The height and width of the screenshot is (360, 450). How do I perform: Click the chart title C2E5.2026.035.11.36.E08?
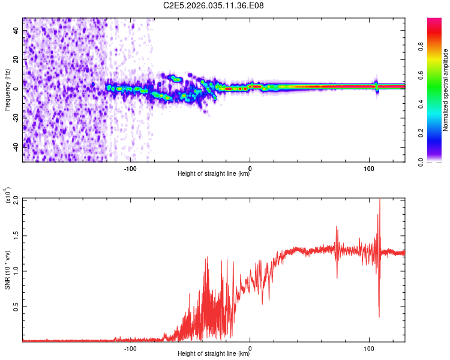pos(214,6)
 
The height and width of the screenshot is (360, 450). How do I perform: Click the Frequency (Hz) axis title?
pos(7,90)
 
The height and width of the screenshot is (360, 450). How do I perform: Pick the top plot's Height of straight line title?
pos(214,174)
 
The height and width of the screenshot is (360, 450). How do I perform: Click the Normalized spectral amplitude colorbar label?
pos(445,90)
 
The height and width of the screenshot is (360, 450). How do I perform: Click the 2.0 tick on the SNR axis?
pos(16,199)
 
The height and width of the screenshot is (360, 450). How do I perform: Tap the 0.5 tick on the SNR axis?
pos(16,306)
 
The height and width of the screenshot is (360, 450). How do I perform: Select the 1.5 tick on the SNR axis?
pos(16,235)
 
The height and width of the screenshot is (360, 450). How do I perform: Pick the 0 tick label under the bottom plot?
pos(250,347)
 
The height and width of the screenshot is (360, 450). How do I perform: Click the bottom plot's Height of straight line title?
pos(214,354)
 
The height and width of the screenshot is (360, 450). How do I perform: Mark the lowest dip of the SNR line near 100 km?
pos(379,317)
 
